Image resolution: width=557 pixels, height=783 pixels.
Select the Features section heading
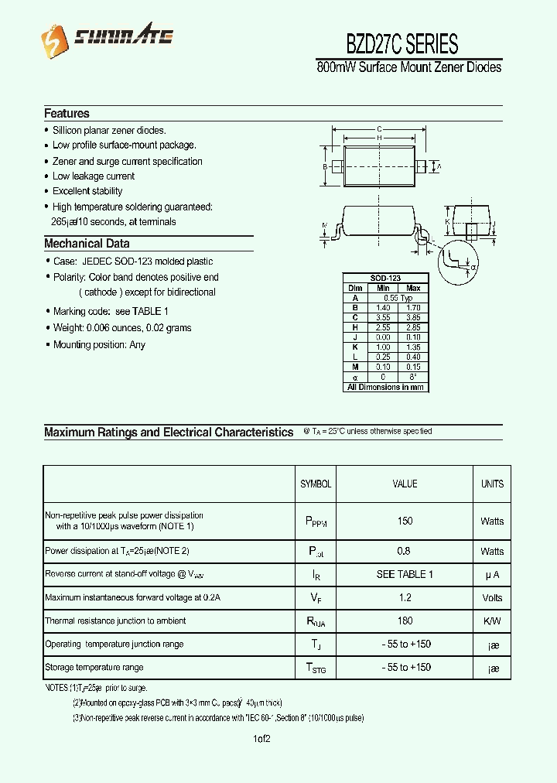coord(67,113)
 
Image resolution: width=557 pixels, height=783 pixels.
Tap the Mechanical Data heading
coord(87,243)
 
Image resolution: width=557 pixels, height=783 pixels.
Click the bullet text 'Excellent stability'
coord(87,191)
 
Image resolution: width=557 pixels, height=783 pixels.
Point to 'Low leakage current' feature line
coord(94,176)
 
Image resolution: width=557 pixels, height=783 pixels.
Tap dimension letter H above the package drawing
coord(378,137)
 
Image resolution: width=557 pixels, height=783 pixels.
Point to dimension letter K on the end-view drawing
coord(448,223)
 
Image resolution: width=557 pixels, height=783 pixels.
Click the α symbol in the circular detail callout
coord(473,267)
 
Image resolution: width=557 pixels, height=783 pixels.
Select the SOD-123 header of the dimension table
coord(385,278)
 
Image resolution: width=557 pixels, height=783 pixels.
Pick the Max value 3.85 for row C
coord(413,317)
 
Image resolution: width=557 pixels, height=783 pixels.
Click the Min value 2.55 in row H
coord(383,327)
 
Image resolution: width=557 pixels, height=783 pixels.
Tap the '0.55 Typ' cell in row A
coord(398,298)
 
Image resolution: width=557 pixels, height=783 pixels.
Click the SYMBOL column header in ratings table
coord(316,484)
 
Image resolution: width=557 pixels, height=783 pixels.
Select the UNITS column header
coord(492,484)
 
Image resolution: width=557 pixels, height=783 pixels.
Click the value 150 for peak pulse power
coord(405,521)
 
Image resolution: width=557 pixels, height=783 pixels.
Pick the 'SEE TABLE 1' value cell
coord(405,574)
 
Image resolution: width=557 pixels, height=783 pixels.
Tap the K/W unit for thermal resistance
coord(492,621)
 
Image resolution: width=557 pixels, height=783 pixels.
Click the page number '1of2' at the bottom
coord(261,739)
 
